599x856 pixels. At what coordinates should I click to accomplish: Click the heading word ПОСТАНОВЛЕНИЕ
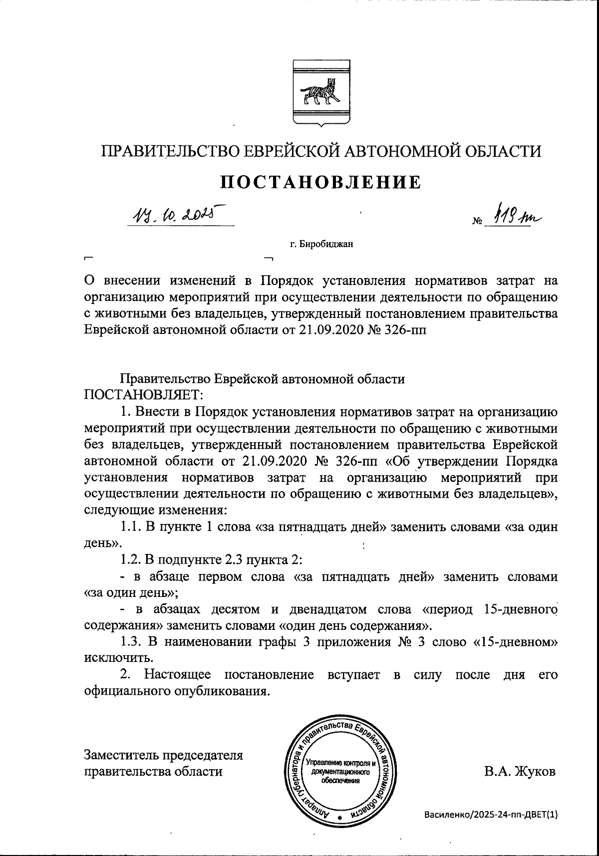coord(321,183)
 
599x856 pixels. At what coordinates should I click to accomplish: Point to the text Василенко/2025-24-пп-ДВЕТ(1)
coord(490,814)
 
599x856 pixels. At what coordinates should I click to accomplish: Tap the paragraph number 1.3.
coord(132,642)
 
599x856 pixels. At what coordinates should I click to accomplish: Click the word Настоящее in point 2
coord(177,675)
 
